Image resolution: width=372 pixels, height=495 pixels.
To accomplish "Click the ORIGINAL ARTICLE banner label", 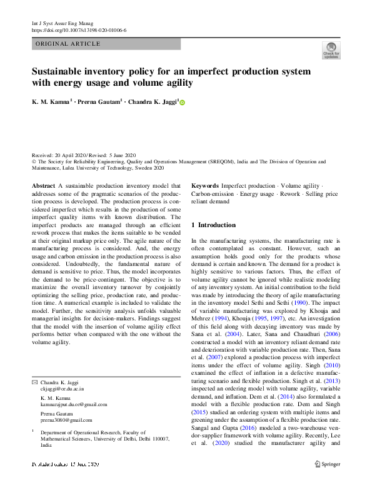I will click(x=68, y=44).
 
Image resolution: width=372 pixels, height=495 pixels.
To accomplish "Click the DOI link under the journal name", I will click(x=79, y=30).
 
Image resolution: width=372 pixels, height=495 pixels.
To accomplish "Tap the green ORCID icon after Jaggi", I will click(x=183, y=102).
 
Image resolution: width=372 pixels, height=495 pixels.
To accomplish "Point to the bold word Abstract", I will click(x=43, y=186).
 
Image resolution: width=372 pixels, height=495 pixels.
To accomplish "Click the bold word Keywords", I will click(x=204, y=186).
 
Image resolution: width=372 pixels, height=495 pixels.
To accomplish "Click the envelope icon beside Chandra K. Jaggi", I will click(x=34, y=381).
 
